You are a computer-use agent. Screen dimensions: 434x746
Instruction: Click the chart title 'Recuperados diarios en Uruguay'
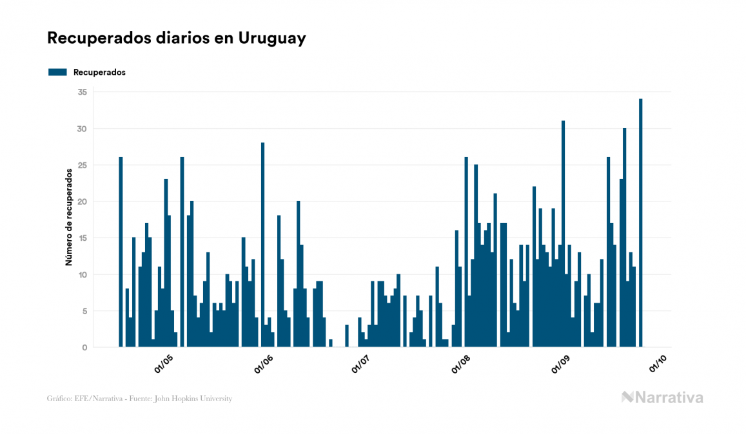[x=176, y=39]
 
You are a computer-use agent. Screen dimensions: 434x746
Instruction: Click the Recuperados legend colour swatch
[x=57, y=72]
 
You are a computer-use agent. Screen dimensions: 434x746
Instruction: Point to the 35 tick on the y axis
[x=82, y=92]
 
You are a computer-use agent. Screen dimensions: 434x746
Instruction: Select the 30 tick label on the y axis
[x=82, y=129]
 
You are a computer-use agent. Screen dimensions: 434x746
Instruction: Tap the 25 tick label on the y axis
[x=82, y=165]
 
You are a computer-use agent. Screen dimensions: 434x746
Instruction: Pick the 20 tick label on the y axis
[x=82, y=202]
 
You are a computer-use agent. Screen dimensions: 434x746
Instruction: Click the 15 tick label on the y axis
[x=82, y=238]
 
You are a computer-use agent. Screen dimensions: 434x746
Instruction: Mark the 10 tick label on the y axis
[x=82, y=275]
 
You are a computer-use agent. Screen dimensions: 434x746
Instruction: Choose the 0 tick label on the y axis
[x=84, y=348]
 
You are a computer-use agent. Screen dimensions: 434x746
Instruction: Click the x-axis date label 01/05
[x=164, y=365]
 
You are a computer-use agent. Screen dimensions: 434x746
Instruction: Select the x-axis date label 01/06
[x=264, y=365]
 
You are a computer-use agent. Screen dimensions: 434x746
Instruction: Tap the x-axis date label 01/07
[x=360, y=365]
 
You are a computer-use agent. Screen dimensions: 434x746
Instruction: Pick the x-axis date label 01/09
[x=560, y=365]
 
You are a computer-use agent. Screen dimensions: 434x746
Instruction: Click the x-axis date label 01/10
[x=657, y=365]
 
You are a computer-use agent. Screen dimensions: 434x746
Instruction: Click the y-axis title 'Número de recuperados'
[x=68, y=218]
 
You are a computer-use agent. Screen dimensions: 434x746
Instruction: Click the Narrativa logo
[x=662, y=397]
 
